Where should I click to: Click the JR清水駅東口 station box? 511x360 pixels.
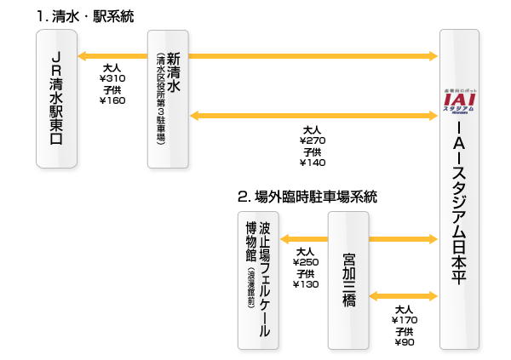coord(58,98)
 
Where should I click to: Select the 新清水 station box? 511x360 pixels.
coord(168,98)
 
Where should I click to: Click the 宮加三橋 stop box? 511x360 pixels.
coord(348,280)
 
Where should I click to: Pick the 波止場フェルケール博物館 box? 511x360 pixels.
coord(258,280)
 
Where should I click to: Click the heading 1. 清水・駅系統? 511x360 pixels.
coord(85,17)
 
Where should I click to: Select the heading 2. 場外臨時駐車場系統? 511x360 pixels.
coord(307,197)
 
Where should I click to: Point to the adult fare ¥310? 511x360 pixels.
coord(112,78)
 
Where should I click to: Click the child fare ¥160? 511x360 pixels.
coord(112,100)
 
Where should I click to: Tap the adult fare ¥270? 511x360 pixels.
coord(313,140)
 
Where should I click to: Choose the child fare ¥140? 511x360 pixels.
coord(313,162)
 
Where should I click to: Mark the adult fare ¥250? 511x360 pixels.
coord(306,262)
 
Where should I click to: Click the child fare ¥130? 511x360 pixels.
coord(306,283)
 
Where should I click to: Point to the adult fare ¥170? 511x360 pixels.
coord(405,320)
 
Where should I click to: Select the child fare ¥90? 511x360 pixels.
coord(405,341)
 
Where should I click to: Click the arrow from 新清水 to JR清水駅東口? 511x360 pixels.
coord(112,57)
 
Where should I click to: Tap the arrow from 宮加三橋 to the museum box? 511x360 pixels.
coord(304,238)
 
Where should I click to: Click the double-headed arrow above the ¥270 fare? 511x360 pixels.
coord(313,115)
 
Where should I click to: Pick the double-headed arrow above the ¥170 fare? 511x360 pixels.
coord(404,296)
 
